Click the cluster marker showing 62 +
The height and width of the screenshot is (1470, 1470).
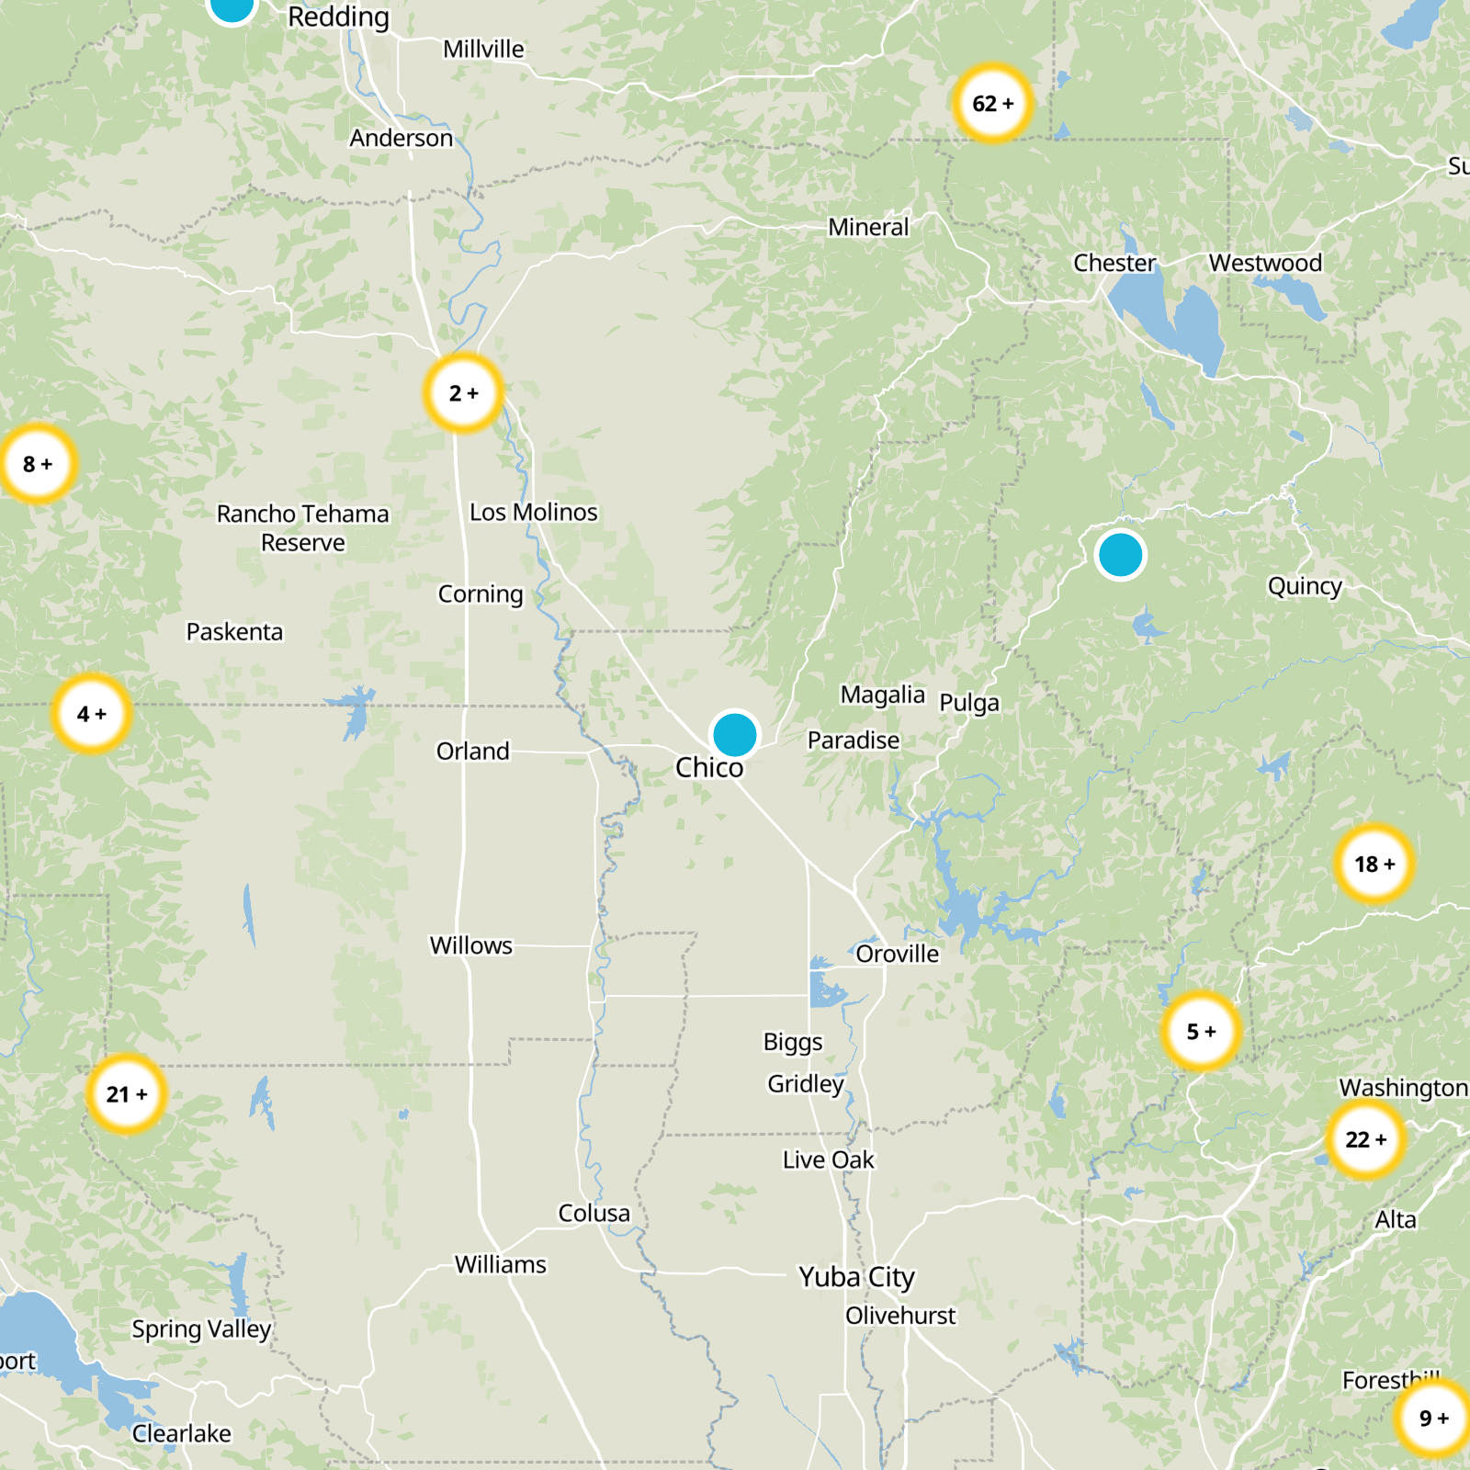pos(992,103)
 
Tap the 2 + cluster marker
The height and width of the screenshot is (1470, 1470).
pos(464,393)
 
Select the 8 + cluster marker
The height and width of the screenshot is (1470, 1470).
pos(38,464)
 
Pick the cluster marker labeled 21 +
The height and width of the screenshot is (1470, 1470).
pos(127,1094)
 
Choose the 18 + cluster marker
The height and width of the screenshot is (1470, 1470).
pos(1374,864)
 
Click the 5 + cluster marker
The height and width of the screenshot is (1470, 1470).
pos(1201,1032)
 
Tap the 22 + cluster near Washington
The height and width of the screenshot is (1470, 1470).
pos(1366,1139)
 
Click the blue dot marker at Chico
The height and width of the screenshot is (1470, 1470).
pos(734,735)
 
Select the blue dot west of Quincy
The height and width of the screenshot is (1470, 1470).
pos(1120,555)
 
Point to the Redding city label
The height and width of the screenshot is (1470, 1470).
pos(338,17)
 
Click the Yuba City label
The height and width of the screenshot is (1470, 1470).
pos(856,1277)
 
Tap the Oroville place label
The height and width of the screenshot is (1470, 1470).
pos(897,954)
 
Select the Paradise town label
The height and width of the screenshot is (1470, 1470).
pos(854,740)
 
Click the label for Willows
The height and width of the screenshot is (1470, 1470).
pos(470,945)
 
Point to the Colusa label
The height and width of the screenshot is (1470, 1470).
pos(594,1213)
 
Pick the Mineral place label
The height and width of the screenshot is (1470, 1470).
pos(868,227)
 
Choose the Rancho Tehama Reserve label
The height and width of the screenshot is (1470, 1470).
pos(303,527)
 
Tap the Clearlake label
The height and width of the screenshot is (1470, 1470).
pos(182,1433)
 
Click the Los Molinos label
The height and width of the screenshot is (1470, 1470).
pos(533,512)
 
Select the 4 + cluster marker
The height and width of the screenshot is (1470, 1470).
pos(92,714)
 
